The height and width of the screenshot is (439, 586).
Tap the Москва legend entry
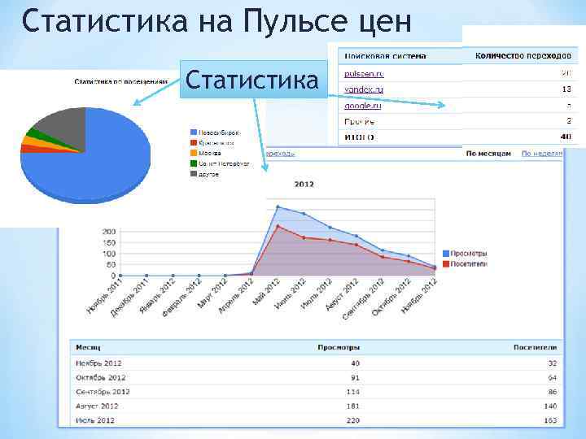208,153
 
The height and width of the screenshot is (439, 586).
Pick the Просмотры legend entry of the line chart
467,253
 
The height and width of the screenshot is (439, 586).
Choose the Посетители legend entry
467,263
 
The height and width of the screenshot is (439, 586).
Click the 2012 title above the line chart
304,185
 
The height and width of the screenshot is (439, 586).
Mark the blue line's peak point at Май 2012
278,206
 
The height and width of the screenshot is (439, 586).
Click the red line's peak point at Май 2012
278,226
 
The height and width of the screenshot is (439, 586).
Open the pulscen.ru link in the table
364,74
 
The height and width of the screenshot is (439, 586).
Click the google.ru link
362,106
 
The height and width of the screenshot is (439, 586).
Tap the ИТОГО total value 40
566,137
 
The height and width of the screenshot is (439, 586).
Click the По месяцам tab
488,153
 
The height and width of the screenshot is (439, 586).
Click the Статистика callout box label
252,80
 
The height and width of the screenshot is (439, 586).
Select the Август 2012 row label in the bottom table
97,406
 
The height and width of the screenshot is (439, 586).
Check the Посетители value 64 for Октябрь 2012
551,377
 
